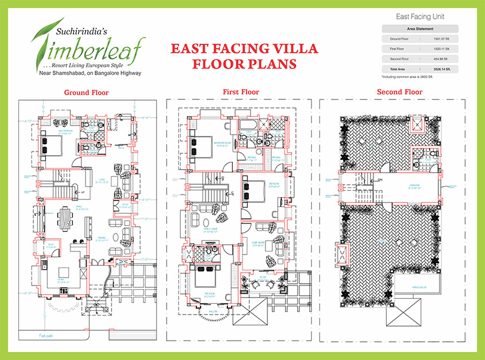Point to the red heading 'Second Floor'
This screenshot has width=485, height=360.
[400, 92]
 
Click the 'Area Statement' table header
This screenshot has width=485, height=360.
[420, 28]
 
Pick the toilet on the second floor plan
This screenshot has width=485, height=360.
[418, 162]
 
